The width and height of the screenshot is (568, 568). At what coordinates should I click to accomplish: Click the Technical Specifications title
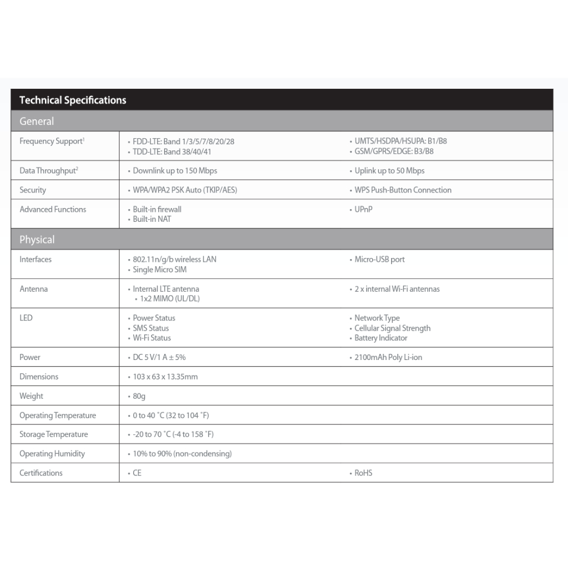click(73, 100)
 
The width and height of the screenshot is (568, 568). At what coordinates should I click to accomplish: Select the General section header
click(37, 121)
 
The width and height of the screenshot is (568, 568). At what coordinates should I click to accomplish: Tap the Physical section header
click(37, 240)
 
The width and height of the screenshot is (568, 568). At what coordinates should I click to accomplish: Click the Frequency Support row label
click(52, 141)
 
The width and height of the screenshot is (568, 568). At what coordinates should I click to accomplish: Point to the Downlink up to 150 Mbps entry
click(175, 171)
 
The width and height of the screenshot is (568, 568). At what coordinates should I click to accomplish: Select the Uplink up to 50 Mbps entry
click(389, 171)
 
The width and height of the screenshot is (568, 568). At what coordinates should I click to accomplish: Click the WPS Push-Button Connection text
click(403, 190)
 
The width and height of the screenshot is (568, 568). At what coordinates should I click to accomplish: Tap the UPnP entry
click(363, 210)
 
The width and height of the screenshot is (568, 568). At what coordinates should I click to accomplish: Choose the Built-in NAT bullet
click(152, 219)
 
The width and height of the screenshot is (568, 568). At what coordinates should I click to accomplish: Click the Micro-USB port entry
click(379, 260)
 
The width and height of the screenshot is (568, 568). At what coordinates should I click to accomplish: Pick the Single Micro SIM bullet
click(159, 270)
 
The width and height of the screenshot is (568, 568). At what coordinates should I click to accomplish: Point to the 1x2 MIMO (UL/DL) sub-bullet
click(170, 299)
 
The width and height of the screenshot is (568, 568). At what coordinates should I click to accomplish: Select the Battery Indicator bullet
click(381, 338)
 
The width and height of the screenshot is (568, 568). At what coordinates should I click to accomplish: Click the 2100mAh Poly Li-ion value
click(388, 357)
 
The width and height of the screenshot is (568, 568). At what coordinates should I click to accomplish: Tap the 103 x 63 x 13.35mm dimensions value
click(165, 377)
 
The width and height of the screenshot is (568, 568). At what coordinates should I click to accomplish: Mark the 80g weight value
click(139, 396)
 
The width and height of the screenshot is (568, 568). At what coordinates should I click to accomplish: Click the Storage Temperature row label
click(54, 434)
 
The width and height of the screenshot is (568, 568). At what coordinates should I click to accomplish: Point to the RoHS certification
click(363, 473)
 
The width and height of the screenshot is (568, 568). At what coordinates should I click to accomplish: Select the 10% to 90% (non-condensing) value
click(182, 454)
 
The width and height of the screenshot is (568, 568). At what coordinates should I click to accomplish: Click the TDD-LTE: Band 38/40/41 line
click(172, 151)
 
